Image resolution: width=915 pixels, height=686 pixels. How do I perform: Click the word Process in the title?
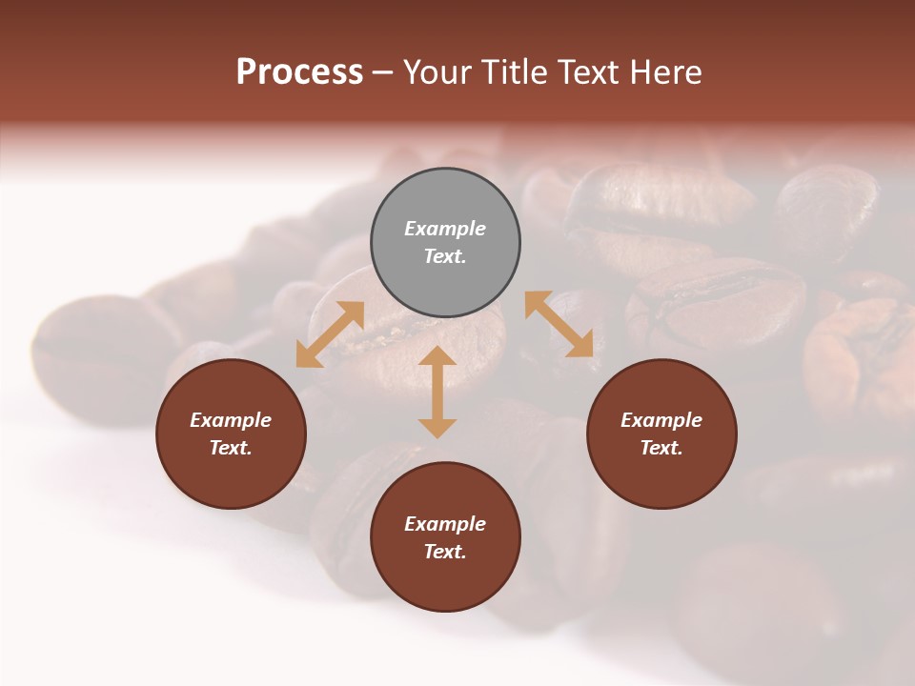point(299,72)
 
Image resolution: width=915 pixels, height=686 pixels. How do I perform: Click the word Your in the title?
point(437,72)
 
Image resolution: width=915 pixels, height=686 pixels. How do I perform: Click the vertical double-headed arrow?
point(437,392)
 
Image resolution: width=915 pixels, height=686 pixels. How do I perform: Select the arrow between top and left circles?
point(330,333)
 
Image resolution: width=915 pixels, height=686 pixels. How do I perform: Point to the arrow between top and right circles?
point(559,324)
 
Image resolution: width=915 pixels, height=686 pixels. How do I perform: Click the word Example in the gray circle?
point(445,229)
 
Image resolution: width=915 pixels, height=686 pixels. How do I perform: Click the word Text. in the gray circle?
point(445,256)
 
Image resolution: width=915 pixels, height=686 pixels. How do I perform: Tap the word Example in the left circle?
point(231,420)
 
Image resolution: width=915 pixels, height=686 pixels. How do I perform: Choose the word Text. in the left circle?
point(231,448)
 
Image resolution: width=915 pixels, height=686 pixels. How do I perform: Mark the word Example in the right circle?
point(661,420)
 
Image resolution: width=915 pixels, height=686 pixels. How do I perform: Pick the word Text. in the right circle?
point(661,448)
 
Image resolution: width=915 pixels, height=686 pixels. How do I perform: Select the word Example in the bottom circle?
point(445,524)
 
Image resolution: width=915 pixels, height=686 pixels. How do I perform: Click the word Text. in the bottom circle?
point(445,552)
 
